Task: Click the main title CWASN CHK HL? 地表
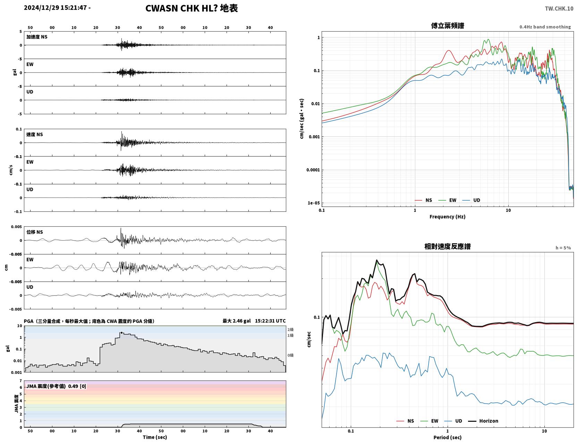[191, 8]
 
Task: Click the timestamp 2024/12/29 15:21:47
[55, 8]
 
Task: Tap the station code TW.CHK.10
[559, 8]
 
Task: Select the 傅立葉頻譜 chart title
[448, 26]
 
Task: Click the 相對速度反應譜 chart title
[448, 246]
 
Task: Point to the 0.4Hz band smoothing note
[545, 27]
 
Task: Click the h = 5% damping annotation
[563, 248]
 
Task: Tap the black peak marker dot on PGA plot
[122, 333]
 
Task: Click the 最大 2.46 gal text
[236, 321]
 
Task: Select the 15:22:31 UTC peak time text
[270, 321]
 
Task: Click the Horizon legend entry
[483, 421]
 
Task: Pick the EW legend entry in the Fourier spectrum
[447, 200]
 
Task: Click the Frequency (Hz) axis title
[448, 217]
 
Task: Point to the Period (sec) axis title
[448, 437]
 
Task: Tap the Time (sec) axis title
[155, 437]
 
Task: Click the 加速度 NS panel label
[37, 37]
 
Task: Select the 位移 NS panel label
[34, 232]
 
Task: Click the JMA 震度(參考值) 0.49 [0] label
[56, 386]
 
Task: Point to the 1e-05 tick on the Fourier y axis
[314, 203]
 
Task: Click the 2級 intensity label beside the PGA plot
[290, 329]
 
